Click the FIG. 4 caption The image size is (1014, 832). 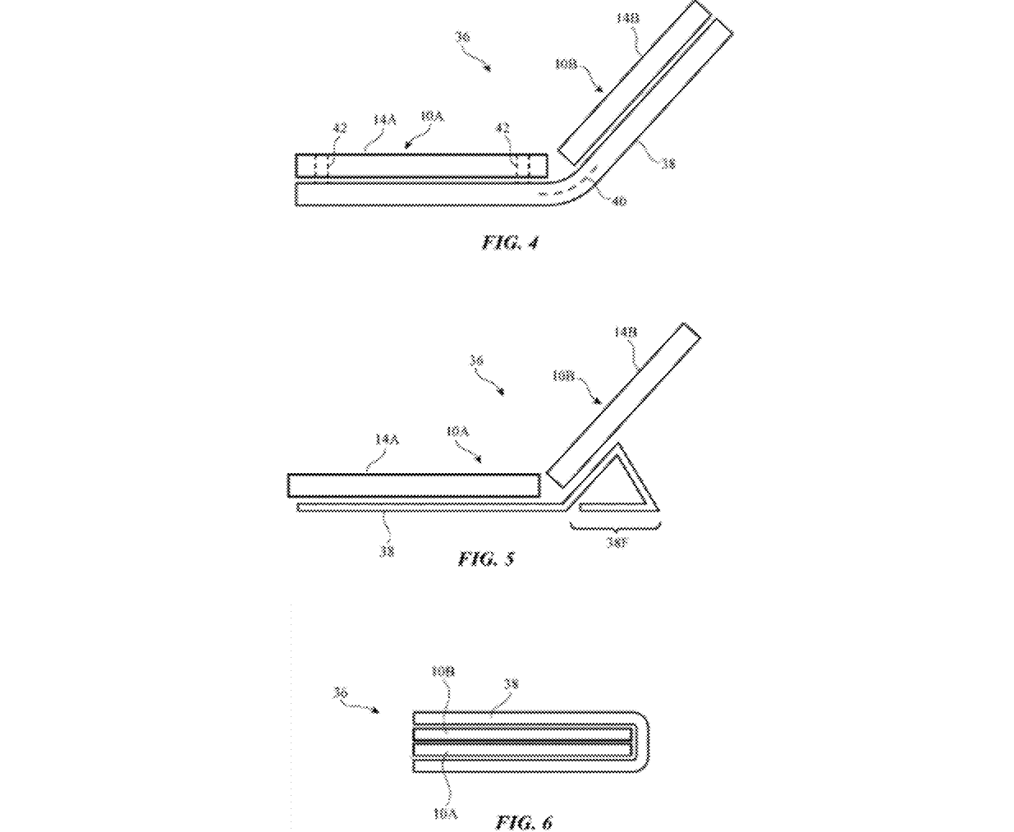pyautogui.click(x=510, y=242)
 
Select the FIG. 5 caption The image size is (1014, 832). pyautogui.click(x=486, y=559)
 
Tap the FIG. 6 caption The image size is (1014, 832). pyautogui.click(x=524, y=821)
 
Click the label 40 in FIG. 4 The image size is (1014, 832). pyautogui.click(x=618, y=200)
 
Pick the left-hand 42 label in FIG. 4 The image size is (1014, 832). pyautogui.click(x=339, y=128)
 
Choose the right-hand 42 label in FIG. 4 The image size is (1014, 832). pyautogui.click(x=502, y=128)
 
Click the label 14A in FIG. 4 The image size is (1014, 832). pyautogui.click(x=384, y=120)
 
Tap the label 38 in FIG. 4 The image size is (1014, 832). pyautogui.click(x=668, y=163)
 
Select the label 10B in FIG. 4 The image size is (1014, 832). pyautogui.click(x=566, y=63)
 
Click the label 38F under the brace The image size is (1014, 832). pyautogui.click(x=617, y=543)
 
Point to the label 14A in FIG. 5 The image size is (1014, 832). pyautogui.click(x=386, y=439)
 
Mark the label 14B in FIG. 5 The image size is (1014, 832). pyautogui.click(x=626, y=332)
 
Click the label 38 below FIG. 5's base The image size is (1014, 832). pyautogui.click(x=386, y=552)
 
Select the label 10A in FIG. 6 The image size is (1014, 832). pyautogui.click(x=444, y=814)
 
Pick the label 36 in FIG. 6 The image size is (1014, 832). pyautogui.click(x=340, y=693)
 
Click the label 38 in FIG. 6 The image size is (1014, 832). pyautogui.click(x=511, y=683)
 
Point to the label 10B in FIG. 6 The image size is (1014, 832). pyautogui.click(x=443, y=672)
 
